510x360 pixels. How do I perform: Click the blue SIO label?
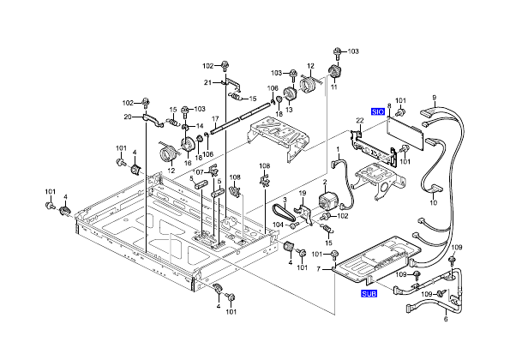378,112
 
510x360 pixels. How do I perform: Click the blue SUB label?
369,294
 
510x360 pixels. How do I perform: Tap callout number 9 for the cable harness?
435,98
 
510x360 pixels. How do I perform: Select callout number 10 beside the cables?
433,203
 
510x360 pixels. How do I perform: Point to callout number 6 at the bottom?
445,320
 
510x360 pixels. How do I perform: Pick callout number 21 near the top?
207,82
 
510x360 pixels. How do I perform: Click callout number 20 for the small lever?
127,117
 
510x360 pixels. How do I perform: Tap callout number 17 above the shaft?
216,117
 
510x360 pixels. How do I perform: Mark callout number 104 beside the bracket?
279,225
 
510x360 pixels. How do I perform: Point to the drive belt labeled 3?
280,213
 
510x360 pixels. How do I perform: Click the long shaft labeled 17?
231,118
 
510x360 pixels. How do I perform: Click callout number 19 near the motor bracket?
303,195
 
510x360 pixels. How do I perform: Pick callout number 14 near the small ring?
199,126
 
